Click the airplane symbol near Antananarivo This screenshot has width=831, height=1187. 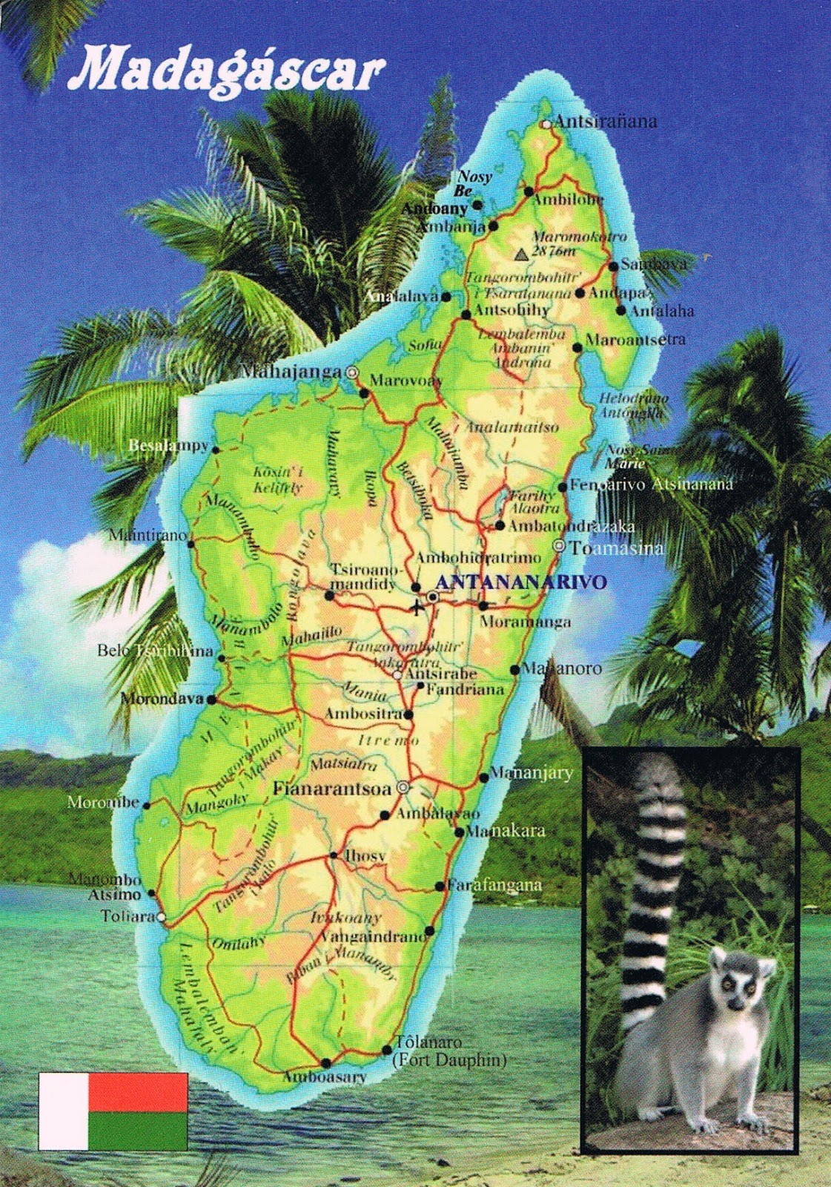(417, 608)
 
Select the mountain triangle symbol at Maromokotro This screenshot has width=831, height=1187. (523, 254)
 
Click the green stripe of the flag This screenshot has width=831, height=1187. (139, 1130)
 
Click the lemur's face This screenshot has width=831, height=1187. (743, 987)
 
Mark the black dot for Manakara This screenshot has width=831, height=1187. (460, 832)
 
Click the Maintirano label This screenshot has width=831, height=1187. (148, 534)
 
